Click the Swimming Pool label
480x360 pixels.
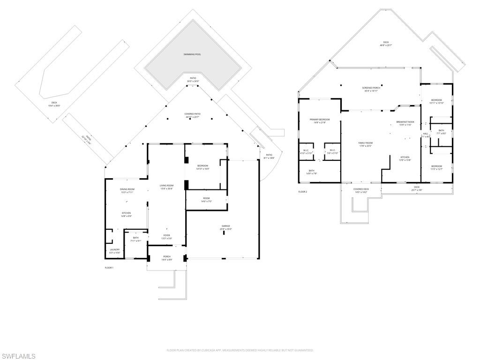click(x=192, y=54)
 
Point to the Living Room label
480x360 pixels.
click(x=166, y=187)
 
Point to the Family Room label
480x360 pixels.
click(x=365, y=144)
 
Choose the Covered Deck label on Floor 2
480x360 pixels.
click(x=361, y=190)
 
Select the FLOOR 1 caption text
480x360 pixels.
click(x=109, y=267)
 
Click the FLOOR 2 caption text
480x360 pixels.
click(x=302, y=192)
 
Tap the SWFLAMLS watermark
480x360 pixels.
click(x=18, y=356)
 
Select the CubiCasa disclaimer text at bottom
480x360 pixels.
click(x=240, y=350)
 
